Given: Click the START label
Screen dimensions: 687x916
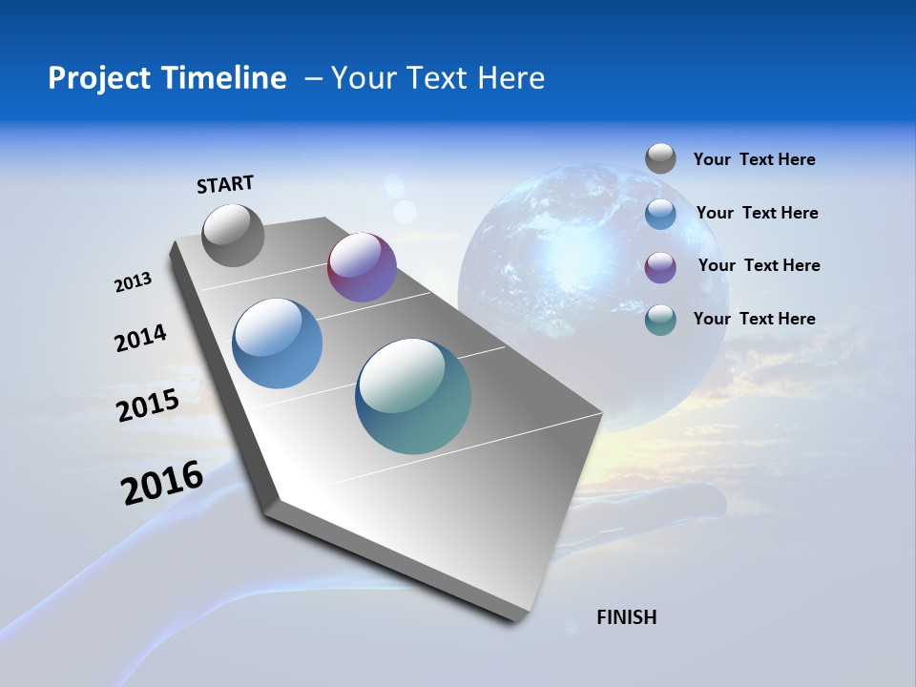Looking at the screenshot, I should (225, 184).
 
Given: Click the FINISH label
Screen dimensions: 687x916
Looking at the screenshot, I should (626, 617).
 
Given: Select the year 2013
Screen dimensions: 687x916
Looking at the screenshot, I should (133, 282).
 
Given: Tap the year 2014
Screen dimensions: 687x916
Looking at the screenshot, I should (140, 339).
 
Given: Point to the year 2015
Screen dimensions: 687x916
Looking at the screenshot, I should (148, 405).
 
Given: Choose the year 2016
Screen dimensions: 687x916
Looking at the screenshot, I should (162, 483).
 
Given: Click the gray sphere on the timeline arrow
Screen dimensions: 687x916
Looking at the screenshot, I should (233, 235).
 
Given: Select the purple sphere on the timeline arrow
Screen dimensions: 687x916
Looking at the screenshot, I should (362, 267).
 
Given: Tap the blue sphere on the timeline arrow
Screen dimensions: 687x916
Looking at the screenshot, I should (277, 343).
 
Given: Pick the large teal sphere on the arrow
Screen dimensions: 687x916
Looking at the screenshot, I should (413, 396).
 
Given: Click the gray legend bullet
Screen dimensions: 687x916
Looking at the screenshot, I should (660, 159).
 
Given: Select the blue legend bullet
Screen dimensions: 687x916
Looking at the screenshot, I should (660, 214).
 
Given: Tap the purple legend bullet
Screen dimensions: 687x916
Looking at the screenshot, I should (660, 266).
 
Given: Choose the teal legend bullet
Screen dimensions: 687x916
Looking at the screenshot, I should (660, 320).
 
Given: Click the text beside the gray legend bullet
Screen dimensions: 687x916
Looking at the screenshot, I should (754, 159).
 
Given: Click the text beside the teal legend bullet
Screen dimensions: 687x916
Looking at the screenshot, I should (754, 319).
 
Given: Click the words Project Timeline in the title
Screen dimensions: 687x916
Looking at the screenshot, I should (167, 78).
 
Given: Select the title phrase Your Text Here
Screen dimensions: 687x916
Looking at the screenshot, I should (437, 78).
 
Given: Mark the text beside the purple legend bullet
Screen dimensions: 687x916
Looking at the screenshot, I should (759, 265).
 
